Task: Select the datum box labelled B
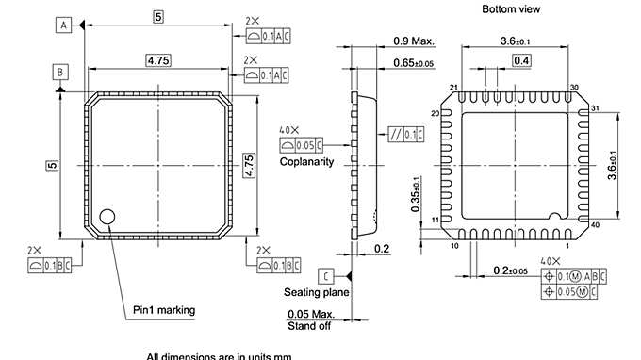coord(60,72)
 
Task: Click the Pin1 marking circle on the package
coord(109,217)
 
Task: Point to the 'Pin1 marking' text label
coord(166,308)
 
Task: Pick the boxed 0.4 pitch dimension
coord(520,60)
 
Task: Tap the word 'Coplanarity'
coord(307,161)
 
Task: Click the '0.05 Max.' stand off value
coord(312,313)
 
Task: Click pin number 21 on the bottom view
coord(454,88)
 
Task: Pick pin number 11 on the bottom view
coord(435,220)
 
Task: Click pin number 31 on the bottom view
coord(595,109)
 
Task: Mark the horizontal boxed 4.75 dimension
coord(158,60)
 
